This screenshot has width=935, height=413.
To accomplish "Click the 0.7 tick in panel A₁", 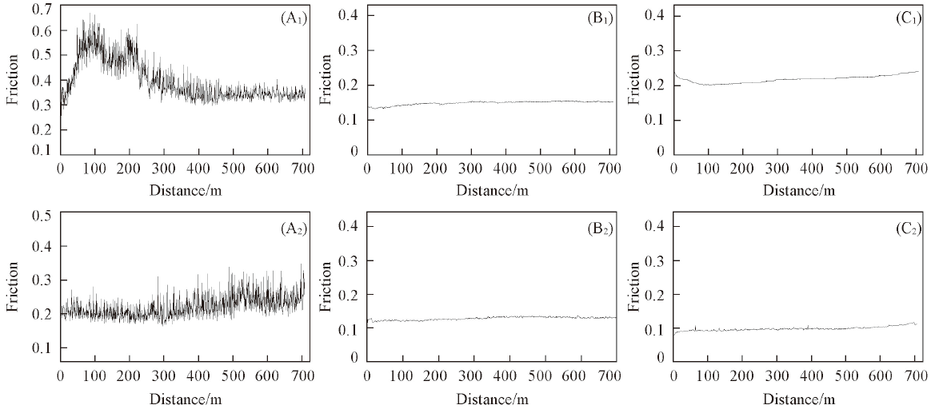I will pyautogui.click(x=41, y=8).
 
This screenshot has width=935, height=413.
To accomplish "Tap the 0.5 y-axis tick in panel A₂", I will pyautogui.click(x=41, y=215).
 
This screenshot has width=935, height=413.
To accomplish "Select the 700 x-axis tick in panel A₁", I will pyautogui.click(x=302, y=169).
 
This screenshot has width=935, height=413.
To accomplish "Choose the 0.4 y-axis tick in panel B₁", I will pyautogui.click(x=348, y=16).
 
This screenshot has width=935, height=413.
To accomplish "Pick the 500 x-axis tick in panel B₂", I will pyautogui.click(x=540, y=375).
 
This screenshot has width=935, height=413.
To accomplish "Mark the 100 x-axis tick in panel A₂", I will pyautogui.click(x=94, y=375).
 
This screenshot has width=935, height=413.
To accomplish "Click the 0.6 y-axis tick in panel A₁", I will pyautogui.click(x=41, y=31).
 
